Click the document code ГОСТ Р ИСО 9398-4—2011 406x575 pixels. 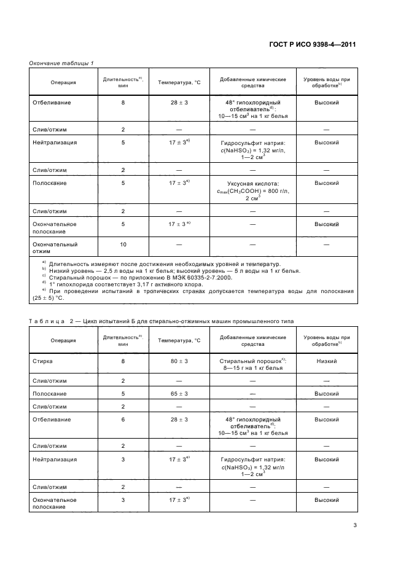pyautogui.click(x=313, y=45)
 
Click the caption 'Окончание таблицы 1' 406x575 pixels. pyautogui.click(x=61, y=64)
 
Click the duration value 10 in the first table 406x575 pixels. pyautogui.click(x=123, y=244)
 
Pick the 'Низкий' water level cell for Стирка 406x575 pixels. pyautogui.click(x=327, y=361)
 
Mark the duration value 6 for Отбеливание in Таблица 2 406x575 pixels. pyautogui.click(x=123, y=420)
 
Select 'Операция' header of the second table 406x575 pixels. pyautogui.click(x=63, y=340)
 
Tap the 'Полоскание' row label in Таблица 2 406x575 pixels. pyautogui.click(x=49, y=393)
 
